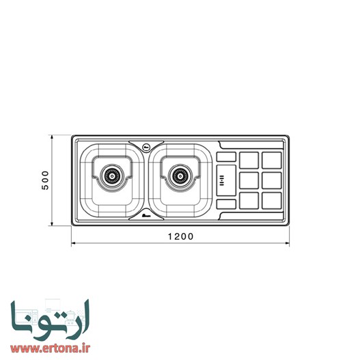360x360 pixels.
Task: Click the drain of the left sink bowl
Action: tap(110, 176)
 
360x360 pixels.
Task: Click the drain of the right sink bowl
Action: tap(180, 176)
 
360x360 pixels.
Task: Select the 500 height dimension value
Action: tap(45, 180)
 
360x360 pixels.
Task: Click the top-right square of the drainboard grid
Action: tap(271, 160)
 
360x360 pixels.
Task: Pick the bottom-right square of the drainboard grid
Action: tap(271, 202)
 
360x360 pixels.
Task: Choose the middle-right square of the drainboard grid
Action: tap(271, 181)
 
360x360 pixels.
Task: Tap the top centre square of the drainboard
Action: tap(249, 160)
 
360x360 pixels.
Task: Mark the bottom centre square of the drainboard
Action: tap(249, 202)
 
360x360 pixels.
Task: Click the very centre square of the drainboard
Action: tap(249, 181)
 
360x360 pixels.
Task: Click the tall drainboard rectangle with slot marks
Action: tap(225, 181)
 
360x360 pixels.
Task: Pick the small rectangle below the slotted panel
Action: tap(225, 204)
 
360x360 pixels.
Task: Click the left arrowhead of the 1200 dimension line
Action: tap(73, 244)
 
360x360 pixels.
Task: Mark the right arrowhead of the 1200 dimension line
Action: tap(287, 244)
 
